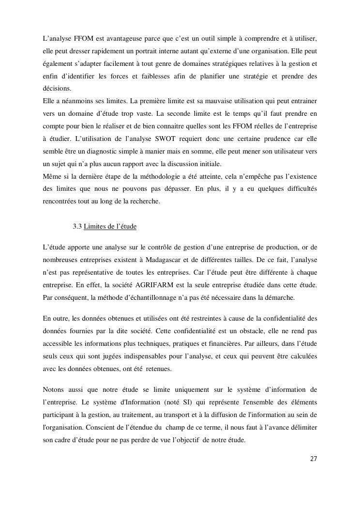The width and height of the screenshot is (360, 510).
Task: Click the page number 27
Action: pyautogui.click(x=314, y=459)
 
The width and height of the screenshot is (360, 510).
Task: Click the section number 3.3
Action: pyautogui.click(x=77, y=227)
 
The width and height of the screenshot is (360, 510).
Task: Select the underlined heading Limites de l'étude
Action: pyautogui.click(x=110, y=227)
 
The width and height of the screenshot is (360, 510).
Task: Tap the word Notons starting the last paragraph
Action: pyautogui.click(x=54, y=390)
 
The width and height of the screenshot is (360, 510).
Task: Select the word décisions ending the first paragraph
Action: pyautogui.click(x=57, y=89)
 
